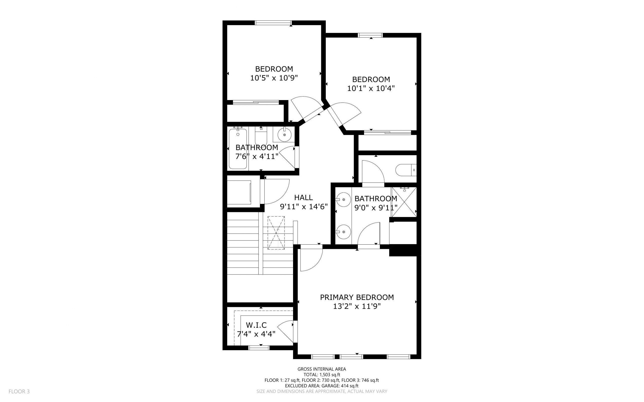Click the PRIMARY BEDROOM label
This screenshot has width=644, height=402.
(357, 297)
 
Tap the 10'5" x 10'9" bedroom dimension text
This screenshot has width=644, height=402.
(274, 78)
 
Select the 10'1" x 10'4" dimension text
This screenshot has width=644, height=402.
(371, 88)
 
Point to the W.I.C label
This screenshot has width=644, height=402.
(256, 325)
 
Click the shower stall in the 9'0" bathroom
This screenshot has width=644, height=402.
(404, 202)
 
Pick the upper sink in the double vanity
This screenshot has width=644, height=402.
(343, 199)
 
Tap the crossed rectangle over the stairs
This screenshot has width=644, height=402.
(276, 233)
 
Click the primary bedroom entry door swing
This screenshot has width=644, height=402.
(310, 258)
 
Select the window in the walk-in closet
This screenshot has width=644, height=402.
(259, 348)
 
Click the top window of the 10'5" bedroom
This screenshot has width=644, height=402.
(273, 23)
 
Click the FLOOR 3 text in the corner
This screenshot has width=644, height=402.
(19, 391)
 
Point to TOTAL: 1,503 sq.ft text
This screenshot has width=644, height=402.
(321, 375)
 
